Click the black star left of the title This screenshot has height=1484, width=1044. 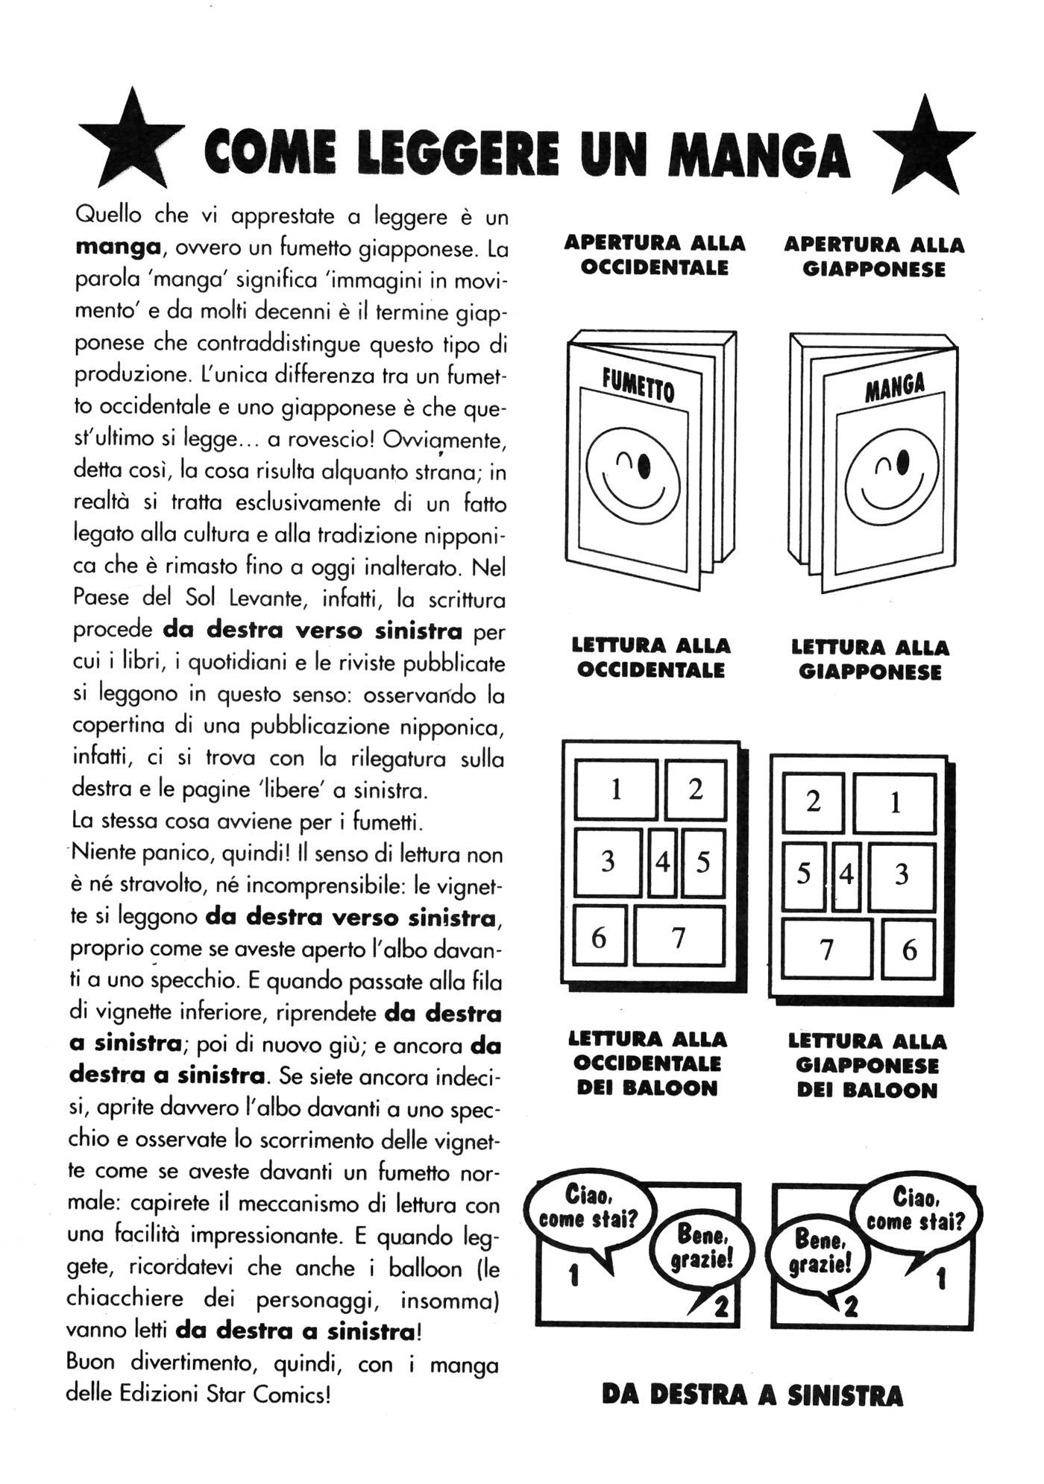click(x=131, y=142)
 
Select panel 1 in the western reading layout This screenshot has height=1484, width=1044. click(x=616, y=789)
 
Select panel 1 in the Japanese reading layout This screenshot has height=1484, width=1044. click(x=895, y=803)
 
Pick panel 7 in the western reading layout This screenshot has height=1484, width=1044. click(x=679, y=937)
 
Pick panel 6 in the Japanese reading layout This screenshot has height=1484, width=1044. click(x=908, y=950)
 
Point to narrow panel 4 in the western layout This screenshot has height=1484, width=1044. click(x=662, y=862)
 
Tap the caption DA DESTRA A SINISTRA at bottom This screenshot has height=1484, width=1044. click(x=752, y=1395)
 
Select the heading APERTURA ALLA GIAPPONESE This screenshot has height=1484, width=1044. click(x=873, y=257)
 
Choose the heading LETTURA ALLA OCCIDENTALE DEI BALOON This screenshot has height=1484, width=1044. click(x=647, y=1064)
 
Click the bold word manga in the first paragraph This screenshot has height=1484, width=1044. click(x=118, y=247)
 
